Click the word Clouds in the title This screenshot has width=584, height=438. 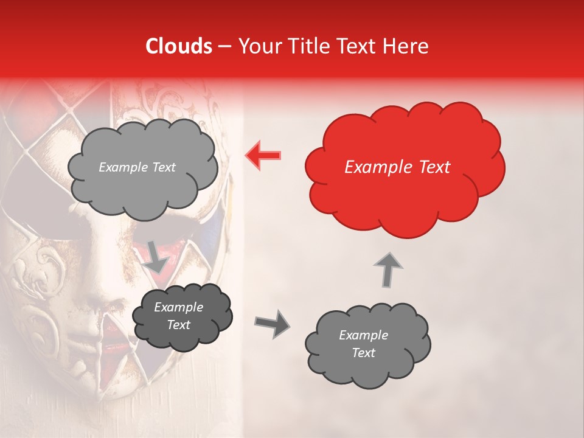(x=179, y=46)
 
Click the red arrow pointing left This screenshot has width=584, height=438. (x=263, y=155)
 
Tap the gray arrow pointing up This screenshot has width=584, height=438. (x=387, y=269)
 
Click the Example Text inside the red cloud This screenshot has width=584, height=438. (x=397, y=167)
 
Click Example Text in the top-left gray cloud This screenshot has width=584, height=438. (x=137, y=167)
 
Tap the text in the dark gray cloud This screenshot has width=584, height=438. (x=178, y=316)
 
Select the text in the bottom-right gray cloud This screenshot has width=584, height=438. (x=363, y=344)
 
